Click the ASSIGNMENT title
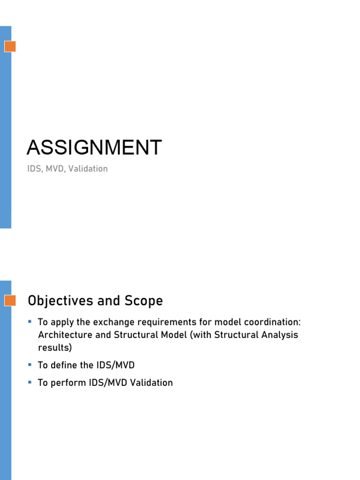click(x=94, y=148)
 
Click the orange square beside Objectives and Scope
click(x=10, y=300)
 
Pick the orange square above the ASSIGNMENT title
click(x=10, y=46)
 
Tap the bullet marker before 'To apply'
click(x=30, y=322)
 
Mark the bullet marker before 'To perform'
click(x=30, y=382)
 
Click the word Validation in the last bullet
click(x=151, y=382)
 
